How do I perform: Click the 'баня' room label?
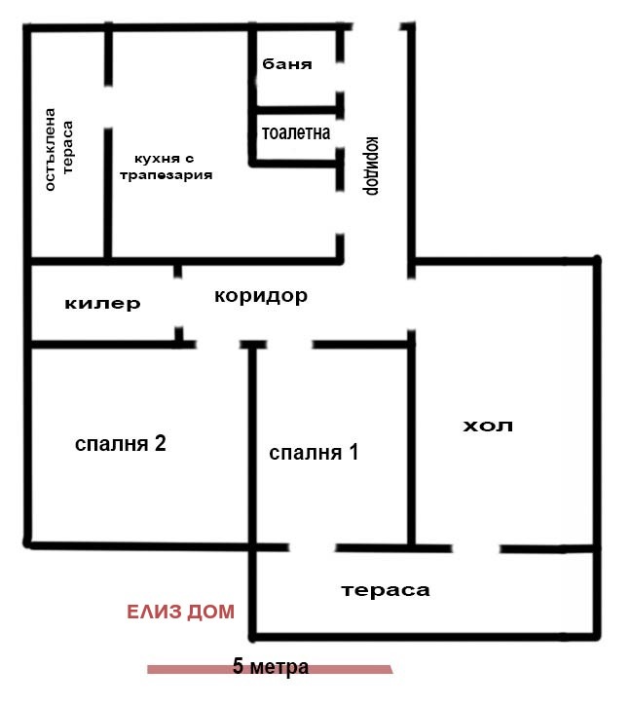pyautogui.click(x=287, y=65)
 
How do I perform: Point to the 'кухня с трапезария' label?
pyautogui.click(x=165, y=167)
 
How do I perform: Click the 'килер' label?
pyautogui.click(x=102, y=304)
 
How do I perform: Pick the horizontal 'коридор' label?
pyautogui.click(x=261, y=295)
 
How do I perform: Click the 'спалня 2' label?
pyautogui.click(x=121, y=444)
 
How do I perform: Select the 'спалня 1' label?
pyautogui.click(x=314, y=453)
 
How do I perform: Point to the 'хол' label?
pyautogui.click(x=487, y=426)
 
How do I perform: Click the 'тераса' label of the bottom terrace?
pyautogui.click(x=385, y=590)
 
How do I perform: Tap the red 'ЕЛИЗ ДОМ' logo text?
pyautogui.click(x=180, y=613)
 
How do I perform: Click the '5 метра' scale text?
pyautogui.click(x=271, y=668)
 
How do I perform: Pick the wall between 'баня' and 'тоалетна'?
pyautogui.click(x=296, y=107)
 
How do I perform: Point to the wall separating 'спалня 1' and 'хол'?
pyautogui.click(x=411, y=443)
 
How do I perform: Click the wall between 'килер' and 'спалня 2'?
pyautogui.click(x=102, y=344)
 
